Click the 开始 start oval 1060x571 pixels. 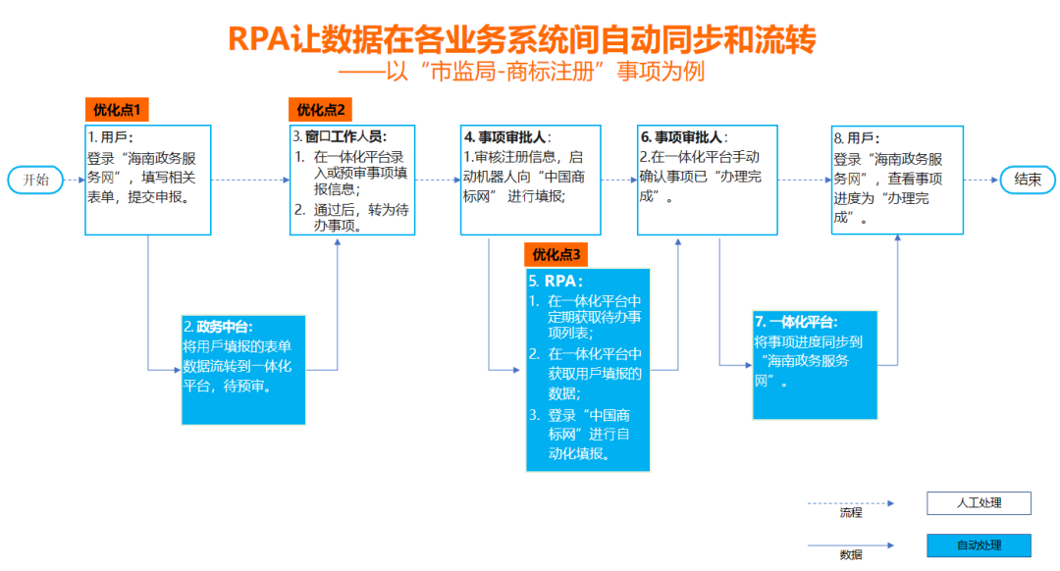tap(35, 180)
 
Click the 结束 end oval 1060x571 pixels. tap(1028, 180)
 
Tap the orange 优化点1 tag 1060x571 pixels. tap(117, 110)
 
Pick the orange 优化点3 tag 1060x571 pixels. tap(556, 255)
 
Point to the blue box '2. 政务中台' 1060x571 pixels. tap(243, 369)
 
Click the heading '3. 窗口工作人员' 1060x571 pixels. tap(339, 135)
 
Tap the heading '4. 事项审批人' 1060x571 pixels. tap(507, 137)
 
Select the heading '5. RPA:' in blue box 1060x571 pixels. tap(556, 282)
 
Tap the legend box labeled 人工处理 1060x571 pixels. tap(979, 503)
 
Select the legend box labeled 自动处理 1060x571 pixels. tap(979, 545)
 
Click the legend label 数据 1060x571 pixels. tap(851, 555)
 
